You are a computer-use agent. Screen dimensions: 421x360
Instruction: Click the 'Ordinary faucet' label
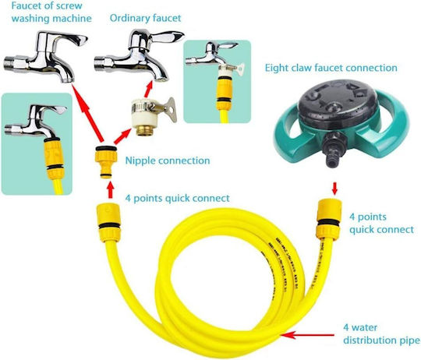click(x=145, y=18)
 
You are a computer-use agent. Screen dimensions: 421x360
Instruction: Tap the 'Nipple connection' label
click(x=168, y=161)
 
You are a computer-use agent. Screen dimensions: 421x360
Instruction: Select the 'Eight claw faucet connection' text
click(x=331, y=68)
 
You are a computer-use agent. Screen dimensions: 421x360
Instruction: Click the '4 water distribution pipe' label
click(x=381, y=334)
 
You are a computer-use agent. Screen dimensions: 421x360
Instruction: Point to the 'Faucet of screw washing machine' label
click(x=51, y=12)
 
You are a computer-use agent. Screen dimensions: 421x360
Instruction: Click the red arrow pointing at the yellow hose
click(x=308, y=335)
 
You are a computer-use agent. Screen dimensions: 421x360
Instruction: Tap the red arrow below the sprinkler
click(x=334, y=189)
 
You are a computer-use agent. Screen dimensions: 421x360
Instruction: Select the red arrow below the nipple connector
click(x=110, y=189)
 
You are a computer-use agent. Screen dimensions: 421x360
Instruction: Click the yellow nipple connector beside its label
click(x=106, y=161)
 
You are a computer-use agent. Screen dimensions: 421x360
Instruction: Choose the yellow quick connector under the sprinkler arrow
click(x=330, y=219)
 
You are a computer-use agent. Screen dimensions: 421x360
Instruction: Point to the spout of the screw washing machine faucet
click(x=65, y=72)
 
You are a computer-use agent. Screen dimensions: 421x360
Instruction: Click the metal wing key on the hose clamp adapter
click(x=168, y=109)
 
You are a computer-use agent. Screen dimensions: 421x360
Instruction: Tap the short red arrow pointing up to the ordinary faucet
click(x=148, y=89)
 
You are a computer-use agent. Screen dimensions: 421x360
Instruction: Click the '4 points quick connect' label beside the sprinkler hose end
click(x=381, y=223)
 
